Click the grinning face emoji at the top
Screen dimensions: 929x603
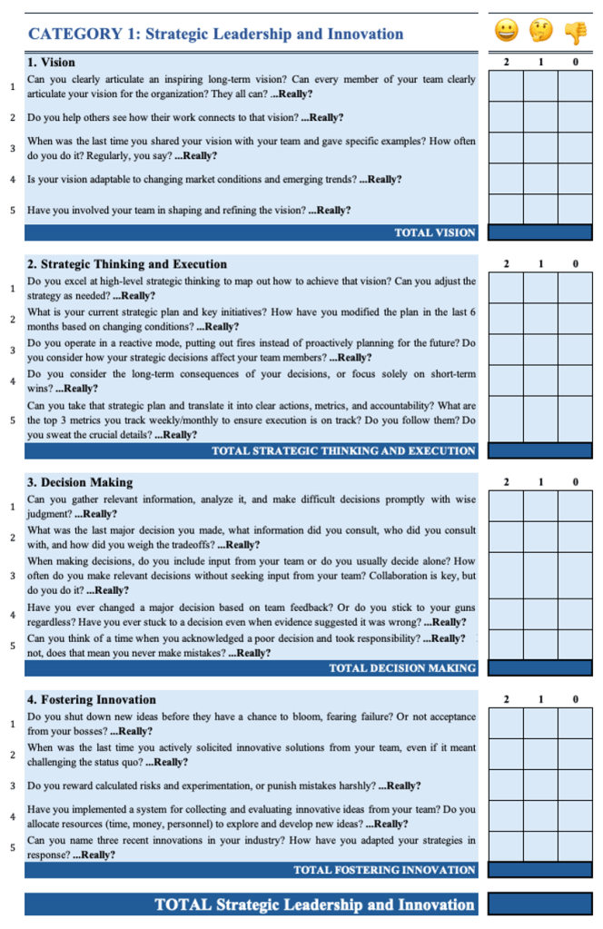[506, 33]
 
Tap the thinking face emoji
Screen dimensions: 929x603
[540, 33]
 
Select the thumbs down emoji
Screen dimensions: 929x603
[575, 33]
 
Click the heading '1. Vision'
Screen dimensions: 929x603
[52, 63]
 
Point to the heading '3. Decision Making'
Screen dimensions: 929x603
[80, 482]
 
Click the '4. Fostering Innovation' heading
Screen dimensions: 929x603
[92, 699]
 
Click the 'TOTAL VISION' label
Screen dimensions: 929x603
[435, 232]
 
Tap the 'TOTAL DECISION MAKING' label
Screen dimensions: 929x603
[402, 668]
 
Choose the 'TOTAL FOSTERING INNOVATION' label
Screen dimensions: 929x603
[384, 870]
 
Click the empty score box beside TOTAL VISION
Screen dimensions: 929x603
[540, 232]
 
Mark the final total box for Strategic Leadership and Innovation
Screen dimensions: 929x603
[540, 904]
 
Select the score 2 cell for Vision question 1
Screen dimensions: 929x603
[506, 86]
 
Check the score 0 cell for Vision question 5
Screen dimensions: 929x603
[575, 210]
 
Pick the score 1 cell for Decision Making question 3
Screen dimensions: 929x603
[540, 575]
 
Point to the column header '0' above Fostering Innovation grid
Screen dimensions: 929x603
[575, 699]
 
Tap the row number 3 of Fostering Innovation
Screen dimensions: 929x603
[13, 786]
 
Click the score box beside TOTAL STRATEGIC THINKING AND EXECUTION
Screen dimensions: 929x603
[540, 450]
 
